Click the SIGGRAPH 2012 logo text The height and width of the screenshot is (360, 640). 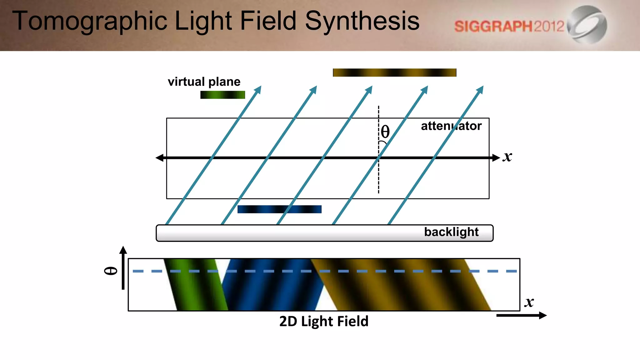[509, 26]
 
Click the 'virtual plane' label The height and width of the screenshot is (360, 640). [204, 82]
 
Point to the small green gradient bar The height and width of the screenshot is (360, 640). [222, 95]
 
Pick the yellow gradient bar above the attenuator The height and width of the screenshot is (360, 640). [394, 72]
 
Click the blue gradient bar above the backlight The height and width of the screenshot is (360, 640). [279, 209]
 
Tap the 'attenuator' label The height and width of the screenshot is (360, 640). [451, 126]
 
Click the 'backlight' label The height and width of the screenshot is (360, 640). [451, 232]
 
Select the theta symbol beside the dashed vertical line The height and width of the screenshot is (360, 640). [385, 132]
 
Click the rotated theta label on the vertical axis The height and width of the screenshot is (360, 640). [111, 271]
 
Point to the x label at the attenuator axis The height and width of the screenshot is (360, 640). [507, 157]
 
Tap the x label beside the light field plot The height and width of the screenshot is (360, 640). [529, 302]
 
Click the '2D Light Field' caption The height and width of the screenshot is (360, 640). [324, 321]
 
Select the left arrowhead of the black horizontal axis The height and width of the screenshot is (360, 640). [159, 158]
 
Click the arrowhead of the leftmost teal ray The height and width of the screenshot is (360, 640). [258, 89]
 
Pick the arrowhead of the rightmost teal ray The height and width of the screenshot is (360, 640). [480, 89]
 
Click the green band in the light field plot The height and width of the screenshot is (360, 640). [196, 284]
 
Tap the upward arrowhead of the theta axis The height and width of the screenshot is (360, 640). [123, 250]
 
